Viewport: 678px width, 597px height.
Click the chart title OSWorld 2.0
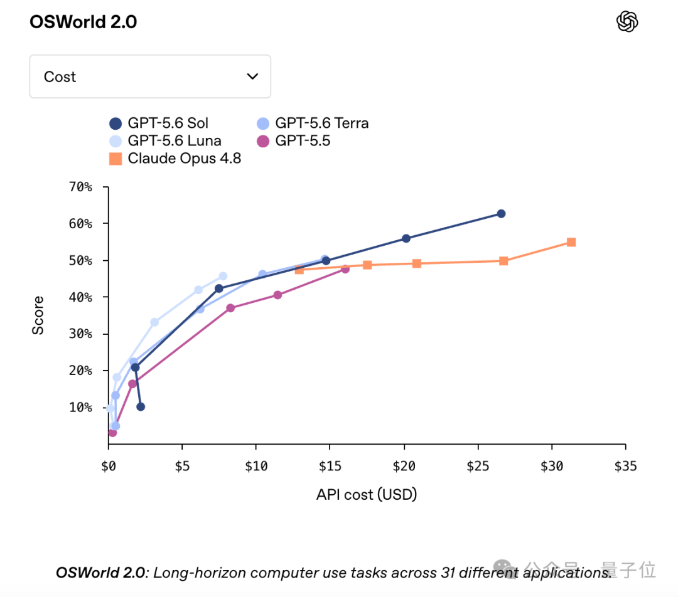point(83,22)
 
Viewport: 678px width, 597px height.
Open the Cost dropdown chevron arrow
point(252,77)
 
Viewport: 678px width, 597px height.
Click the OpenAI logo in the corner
point(627,21)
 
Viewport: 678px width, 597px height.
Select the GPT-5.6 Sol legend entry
point(159,124)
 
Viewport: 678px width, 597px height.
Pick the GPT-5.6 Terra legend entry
point(313,124)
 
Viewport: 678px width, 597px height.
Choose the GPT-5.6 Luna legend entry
point(166,141)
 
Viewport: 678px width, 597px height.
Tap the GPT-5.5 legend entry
point(294,141)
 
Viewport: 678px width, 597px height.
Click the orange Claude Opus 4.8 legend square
point(116,159)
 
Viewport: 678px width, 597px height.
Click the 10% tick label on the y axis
point(81,408)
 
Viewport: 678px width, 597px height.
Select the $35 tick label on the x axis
point(625,466)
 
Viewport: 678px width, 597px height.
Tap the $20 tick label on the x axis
point(404,466)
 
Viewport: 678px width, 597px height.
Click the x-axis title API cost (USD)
point(367,494)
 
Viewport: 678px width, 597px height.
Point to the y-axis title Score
point(38,315)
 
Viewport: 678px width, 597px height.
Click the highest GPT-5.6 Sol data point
point(501,214)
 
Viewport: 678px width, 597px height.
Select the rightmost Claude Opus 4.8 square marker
point(571,242)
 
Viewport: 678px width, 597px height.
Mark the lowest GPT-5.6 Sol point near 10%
point(141,407)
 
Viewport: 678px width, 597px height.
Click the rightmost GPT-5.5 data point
point(345,269)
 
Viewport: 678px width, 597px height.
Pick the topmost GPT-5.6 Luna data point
point(223,276)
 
